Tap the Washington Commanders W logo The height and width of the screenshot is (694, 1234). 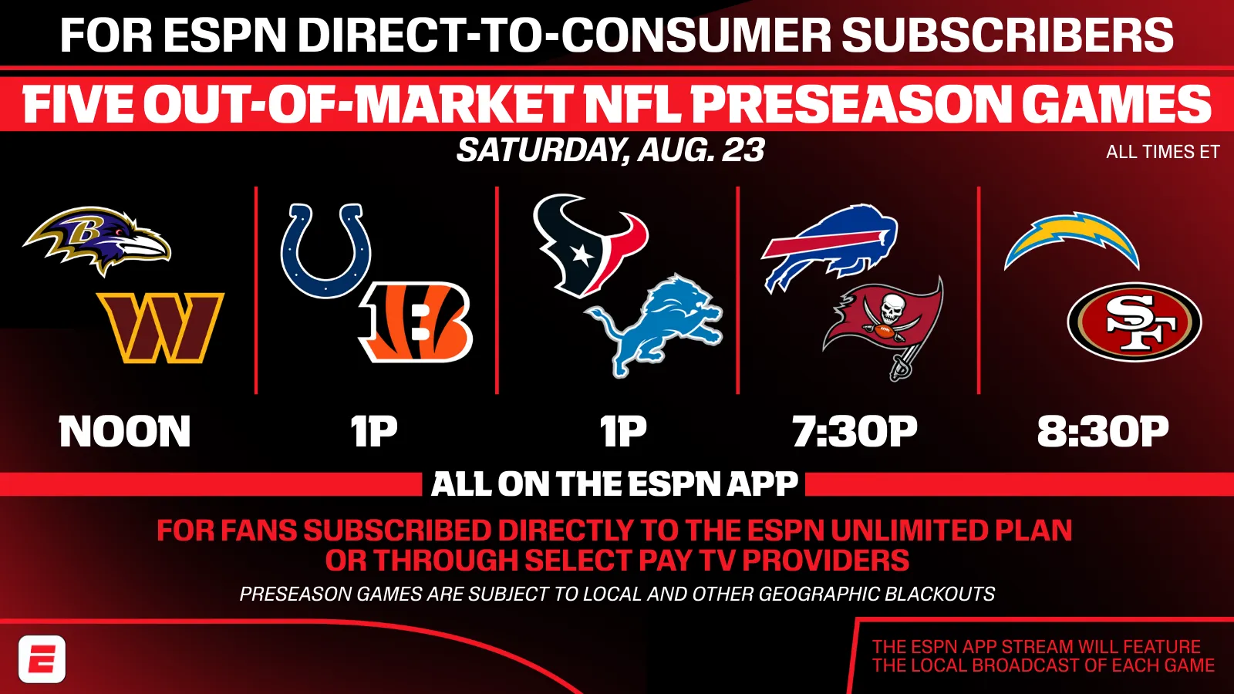tap(160, 328)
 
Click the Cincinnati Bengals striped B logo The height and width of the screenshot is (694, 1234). tap(416, 322)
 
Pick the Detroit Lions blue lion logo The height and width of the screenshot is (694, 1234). tap(653, 325)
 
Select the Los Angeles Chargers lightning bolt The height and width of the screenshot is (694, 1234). tap(1071, 240)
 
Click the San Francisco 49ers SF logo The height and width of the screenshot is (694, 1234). tap(1135, 322)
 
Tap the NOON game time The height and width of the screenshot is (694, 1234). tap(125, 431)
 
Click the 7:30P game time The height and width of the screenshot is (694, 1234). tap(855, 431)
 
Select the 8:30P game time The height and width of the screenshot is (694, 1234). tap(1103, 431)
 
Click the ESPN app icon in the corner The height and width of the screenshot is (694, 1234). tap(42, 659)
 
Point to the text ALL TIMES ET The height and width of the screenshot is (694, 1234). tap(1162, 152)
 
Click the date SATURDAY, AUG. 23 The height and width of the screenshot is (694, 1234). tap(610, 150)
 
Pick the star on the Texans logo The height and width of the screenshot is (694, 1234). tap(581, 254)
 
